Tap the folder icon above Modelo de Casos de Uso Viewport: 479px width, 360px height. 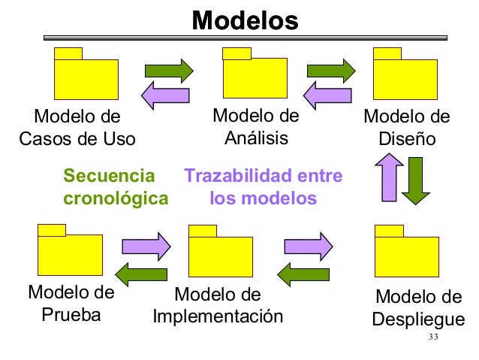(86, 76)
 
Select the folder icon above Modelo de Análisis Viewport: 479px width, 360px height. (255, 76)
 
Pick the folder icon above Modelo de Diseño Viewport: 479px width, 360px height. (406, 76)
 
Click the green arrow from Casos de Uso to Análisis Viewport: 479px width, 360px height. (169, 69)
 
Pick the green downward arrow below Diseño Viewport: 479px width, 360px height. (415, 180)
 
